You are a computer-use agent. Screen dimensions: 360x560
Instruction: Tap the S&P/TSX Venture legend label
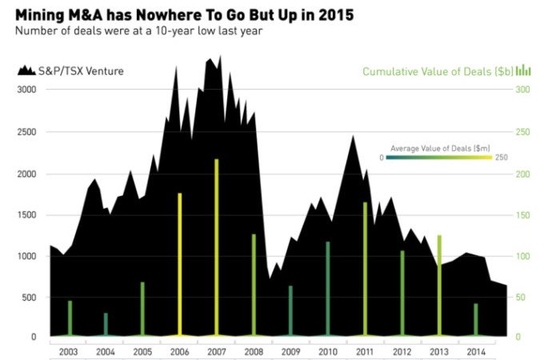click(x=81, y=71)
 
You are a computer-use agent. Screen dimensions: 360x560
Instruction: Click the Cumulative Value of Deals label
click(x=437, y=71)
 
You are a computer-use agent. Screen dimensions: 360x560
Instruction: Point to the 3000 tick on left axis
click(x=26, y=90)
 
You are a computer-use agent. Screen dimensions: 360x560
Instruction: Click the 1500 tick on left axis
click(x=26, y=214)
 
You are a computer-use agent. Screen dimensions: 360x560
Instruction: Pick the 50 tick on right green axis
click(x=520, y=297)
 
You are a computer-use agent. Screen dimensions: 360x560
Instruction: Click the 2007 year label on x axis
click(x=216, y=351)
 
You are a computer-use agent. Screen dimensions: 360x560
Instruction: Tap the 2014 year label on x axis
click(x=475, y=351)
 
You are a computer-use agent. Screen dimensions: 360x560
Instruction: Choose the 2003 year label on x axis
click(x=68, y=351)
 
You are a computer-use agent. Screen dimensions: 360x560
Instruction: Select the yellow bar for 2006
click(x=179, y=264)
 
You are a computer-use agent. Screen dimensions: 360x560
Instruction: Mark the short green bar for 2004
click(x=106, y=324)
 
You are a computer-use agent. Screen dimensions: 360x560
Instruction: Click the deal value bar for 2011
click(x=365, y=268)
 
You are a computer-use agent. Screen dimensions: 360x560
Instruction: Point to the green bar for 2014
click(x=476, y=319)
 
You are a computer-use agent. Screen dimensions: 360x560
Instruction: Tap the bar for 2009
click(x=290, y=310)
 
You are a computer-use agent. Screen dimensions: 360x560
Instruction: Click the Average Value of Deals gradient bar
click(x=441, y=158)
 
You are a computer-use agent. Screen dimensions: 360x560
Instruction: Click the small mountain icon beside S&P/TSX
click(x=26, y=71)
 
